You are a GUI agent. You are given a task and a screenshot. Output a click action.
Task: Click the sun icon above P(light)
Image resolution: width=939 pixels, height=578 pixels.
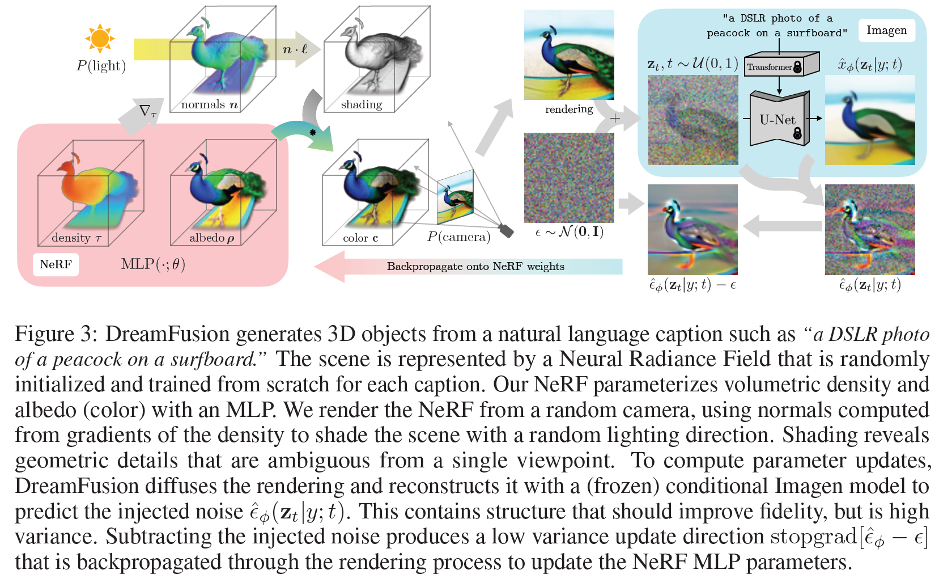click(100, 39)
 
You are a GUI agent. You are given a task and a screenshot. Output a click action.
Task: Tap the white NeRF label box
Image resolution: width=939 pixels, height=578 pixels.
click(56, 264)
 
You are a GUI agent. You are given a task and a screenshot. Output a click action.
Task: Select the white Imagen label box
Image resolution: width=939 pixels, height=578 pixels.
click(886, 31)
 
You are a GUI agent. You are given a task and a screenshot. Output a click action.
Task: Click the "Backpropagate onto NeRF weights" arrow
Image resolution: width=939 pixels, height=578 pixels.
click(475, 267)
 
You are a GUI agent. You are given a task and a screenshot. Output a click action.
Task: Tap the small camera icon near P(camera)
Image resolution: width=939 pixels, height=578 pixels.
click(506, 230)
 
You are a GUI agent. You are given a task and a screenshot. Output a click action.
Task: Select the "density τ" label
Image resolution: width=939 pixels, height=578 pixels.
click(77, 238)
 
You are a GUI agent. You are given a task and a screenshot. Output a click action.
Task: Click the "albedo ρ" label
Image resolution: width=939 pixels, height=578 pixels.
click(211, 238)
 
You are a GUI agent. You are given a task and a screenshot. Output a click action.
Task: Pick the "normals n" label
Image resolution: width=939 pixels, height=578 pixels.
click(209, 105)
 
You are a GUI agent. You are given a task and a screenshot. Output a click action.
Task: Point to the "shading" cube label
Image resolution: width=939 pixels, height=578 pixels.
click(361, 105)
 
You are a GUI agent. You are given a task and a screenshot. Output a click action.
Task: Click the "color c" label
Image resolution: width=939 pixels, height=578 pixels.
click(360, 238)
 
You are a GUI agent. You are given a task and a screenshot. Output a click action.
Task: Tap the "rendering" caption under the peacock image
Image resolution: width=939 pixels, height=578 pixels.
click(568, 109)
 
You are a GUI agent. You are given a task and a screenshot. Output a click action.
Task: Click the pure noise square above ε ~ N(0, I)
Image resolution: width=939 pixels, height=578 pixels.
click(568, 178)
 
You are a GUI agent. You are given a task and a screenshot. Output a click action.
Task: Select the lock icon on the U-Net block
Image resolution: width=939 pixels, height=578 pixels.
click(797, 134)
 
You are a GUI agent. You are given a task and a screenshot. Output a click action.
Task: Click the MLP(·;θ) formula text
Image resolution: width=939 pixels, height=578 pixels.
click(153, 264)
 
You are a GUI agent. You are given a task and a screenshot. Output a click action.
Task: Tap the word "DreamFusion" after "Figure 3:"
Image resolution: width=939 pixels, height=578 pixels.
click(167, 334)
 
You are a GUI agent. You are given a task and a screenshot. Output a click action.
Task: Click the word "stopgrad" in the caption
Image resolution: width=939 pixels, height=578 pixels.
click(813, 537)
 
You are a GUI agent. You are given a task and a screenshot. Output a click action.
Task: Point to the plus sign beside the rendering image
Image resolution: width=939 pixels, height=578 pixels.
click(615, 119)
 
